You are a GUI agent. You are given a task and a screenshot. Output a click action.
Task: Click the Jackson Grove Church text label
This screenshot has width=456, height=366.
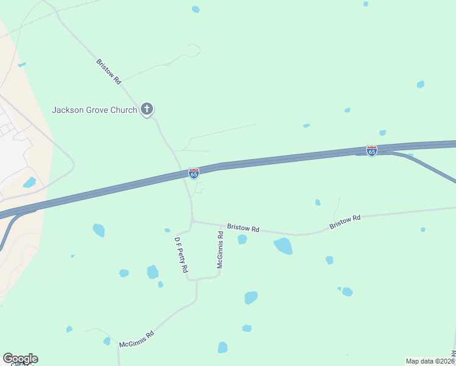(x=94, y=110)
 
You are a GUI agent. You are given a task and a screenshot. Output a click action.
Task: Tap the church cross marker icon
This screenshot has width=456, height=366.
(x=146, y=110)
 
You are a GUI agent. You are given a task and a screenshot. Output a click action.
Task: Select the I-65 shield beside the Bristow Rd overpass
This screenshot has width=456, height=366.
(x=194, y=174)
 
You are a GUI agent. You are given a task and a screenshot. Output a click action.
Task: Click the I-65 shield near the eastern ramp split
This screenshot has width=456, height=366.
(x=372, y=150)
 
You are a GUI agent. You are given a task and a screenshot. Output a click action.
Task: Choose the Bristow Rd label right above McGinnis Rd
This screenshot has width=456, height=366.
(x=243, y=228)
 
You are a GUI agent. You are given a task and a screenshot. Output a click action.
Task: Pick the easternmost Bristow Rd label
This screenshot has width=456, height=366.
(x=345, y=221)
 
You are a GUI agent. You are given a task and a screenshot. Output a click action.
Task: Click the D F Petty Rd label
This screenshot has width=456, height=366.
(x=181, y=255)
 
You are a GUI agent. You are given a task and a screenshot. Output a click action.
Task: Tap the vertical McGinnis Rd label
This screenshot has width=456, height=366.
(x=220, y=249)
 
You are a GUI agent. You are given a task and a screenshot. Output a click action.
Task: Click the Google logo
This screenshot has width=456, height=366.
(x=20, y=359)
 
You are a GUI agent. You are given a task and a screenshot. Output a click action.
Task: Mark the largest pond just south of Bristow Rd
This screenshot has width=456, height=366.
(x=283, y=246)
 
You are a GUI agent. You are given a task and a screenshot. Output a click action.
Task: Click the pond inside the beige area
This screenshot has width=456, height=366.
(x=29, y=182)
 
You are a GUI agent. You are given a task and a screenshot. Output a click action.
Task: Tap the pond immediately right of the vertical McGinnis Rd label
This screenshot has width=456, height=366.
(x=242, y=239)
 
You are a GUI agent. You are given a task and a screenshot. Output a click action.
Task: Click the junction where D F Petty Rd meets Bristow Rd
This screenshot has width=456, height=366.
(x=193, y=221)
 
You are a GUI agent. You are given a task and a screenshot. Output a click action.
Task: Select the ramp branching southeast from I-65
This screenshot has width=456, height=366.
(x=430, y=165)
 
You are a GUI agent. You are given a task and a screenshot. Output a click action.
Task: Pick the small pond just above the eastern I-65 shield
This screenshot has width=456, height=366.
(x=382, y=132)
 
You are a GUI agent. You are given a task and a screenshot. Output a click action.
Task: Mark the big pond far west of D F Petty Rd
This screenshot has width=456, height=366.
(x=98, y=230)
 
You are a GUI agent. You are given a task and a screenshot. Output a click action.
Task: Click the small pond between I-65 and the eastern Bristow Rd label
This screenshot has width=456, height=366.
(x=318, y=203)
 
